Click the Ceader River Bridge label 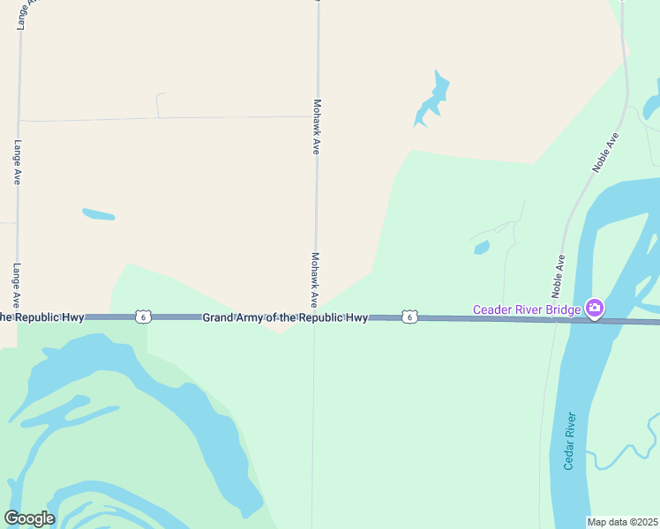(527, 309)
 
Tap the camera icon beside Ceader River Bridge (595, 309)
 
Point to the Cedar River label (570, 441)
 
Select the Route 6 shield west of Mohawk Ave (143, 317)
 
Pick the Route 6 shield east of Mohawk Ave (409, 317)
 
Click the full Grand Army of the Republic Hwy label (285, 317)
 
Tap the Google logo (29, 518)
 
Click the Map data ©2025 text (622, 522)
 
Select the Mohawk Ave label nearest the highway (314, 279)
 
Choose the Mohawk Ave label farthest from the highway (316, 125)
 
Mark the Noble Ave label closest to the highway (559, 275)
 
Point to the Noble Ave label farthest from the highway (607, 153)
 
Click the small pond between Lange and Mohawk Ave (98, 214)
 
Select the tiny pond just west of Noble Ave (481, 248)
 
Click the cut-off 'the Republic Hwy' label (42, 317)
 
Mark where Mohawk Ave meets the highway (314, 317)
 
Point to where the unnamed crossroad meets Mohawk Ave (316, 116)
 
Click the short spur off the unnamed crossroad (157, 104)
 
